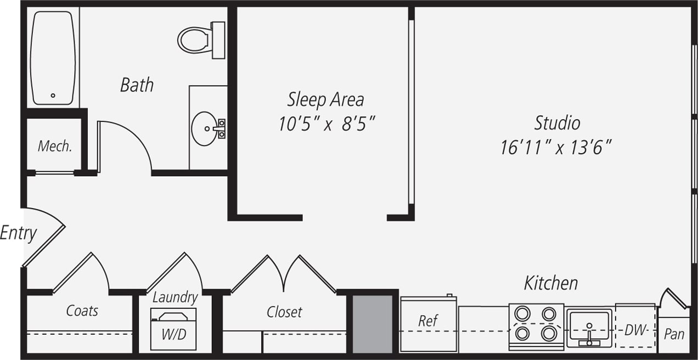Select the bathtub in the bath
53,58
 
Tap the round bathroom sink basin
205,128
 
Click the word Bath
137,85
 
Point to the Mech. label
54,147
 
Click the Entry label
18,233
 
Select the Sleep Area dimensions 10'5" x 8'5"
327,124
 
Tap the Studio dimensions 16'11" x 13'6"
556,147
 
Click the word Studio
557,122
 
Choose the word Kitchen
550,283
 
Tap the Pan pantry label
674,334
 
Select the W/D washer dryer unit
173,329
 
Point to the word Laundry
174,297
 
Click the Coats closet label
82,311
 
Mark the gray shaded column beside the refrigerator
373,324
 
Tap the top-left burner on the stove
522,314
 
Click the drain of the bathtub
53,95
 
